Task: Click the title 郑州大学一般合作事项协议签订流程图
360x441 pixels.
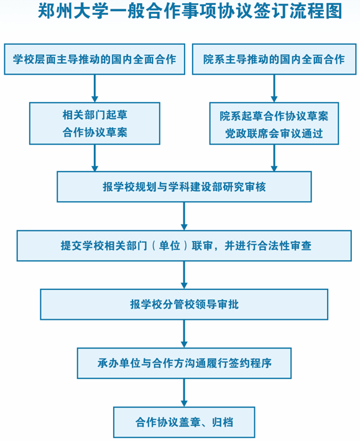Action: (x=190, y=11)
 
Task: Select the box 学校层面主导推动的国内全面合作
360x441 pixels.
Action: (x=95, y=59)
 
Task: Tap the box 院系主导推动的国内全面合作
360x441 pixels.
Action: (x=274, y=59)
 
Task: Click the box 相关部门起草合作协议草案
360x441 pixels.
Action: (x=95, y=124)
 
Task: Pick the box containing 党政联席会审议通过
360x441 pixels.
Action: (x=274, y=124)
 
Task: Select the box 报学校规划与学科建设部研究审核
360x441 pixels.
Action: (x=184, y=187)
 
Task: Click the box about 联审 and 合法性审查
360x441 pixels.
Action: (x=184, y=246)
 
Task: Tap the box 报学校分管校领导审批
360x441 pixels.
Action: (x=184, y=304)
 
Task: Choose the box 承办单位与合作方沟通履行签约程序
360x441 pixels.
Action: (x=184, y=363)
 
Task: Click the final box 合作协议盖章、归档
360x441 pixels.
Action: (x=184, y=422)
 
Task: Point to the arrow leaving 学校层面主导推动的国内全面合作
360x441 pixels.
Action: (x=95, y=88)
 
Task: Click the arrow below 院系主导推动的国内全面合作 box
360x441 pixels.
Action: (x=274, y=88)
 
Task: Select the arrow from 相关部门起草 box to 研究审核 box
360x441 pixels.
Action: (x=95, y=158)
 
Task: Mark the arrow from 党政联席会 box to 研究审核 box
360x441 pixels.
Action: (x=274, y=158)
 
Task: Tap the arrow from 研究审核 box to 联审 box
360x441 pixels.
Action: (x=184, y=216)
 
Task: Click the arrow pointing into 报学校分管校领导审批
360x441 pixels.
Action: (x=184, y=275)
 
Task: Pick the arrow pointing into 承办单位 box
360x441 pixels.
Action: (x=184, y=334)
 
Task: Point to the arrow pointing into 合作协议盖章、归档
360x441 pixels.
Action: (x=184, y=393)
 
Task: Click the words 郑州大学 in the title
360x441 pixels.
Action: (x=73, y=11)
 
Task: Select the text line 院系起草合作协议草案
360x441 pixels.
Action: (x=274, y=116)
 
